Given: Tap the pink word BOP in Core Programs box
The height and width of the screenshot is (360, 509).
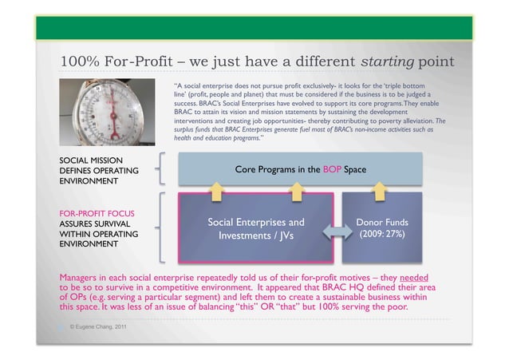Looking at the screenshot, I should (x=330, y=169).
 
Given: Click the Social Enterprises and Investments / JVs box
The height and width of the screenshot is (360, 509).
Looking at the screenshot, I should (x=256, y=229).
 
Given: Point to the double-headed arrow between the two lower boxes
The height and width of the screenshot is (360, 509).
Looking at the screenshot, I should (x=333, y=231).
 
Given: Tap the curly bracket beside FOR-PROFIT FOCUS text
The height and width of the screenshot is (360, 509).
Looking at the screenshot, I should (x=164, y=227).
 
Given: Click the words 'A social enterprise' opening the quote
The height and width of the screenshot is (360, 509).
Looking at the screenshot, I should (x=212, y=84).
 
